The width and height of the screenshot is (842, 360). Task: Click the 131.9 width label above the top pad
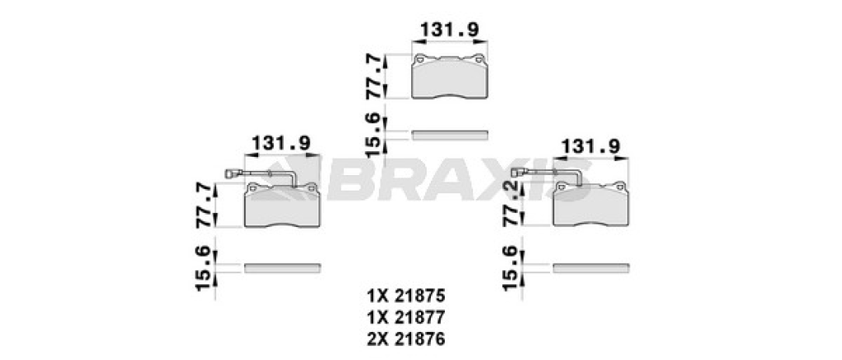pyautogui.click(x=449, y=30)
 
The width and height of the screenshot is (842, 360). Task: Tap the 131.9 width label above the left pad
pyautogui.click(x=281, y=143)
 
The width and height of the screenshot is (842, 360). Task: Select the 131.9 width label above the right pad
pyautogui.click(x=590, y=146)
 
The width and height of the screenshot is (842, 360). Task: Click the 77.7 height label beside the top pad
pyautogui.click(x=375, y=76)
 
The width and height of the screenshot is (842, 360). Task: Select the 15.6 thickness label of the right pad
pyautogui.click(x=512, y=268)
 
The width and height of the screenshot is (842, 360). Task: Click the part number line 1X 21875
pyautogui.click(x=406, y=296)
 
